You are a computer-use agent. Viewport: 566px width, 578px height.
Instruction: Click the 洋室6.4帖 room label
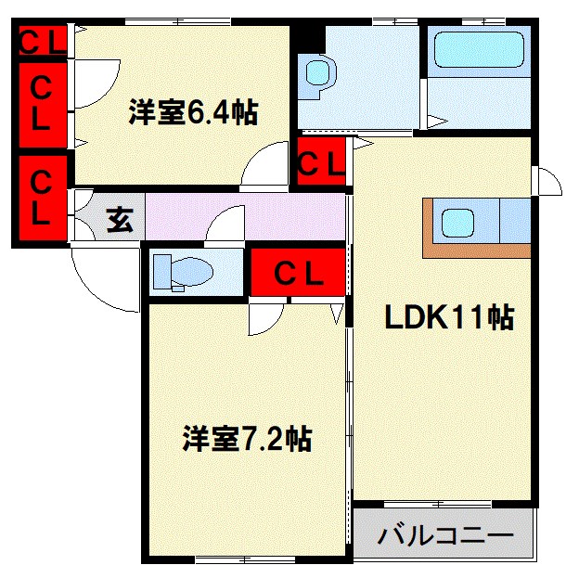192,113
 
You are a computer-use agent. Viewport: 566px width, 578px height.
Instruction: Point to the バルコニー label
445,536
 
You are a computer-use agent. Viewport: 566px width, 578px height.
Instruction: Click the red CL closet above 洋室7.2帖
297,273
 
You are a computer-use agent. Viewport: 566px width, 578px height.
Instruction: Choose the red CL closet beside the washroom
322,163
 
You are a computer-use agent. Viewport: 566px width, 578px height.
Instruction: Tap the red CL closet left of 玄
42,197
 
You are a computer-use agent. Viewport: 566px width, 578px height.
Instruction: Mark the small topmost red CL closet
42,41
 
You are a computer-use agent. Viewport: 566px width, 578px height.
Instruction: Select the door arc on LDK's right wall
547,181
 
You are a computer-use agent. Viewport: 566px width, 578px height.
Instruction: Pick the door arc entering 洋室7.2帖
265,318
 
